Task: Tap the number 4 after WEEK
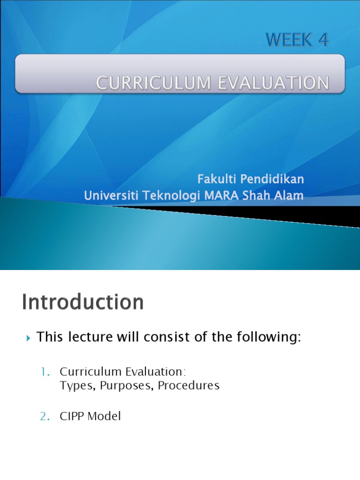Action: tap(323, 41)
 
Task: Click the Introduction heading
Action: tap(82, 302)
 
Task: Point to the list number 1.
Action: tap(45, 372)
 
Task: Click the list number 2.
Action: tap(45, 416)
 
